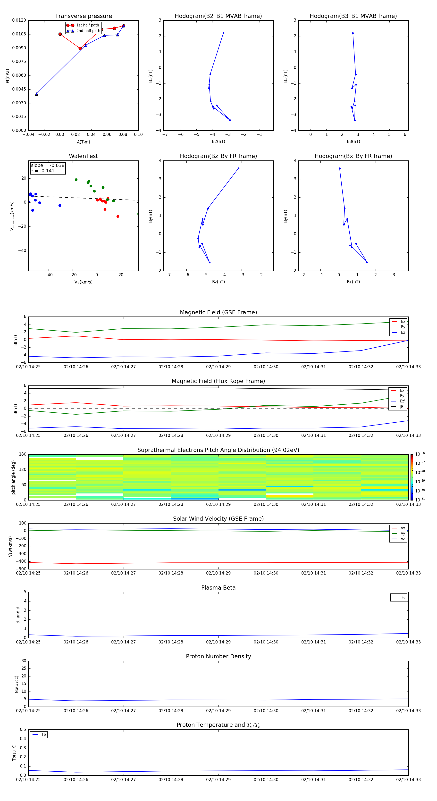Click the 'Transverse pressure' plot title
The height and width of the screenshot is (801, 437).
(83, 16)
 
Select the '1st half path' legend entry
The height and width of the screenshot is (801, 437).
(87, 25)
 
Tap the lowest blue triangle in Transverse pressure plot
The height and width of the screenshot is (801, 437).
(36, 94)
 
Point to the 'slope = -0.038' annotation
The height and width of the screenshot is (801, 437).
(48, 166)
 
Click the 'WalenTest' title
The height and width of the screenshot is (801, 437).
(83, 156)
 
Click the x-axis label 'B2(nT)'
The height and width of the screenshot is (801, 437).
(218, 142)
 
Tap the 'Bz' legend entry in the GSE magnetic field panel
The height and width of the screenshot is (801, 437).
(403, 332)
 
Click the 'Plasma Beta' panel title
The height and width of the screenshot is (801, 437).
(218, 588)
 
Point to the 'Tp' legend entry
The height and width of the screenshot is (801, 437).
(43, 734)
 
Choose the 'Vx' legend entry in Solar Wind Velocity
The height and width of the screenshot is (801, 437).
(403, 528)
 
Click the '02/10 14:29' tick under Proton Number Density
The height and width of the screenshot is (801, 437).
(218, 710)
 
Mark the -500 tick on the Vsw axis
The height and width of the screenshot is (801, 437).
(21, 569)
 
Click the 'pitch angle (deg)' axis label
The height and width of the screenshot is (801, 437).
(13, 477)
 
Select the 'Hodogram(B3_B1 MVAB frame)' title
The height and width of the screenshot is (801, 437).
(353, 16)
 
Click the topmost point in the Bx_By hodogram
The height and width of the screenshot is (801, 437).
(340, 168)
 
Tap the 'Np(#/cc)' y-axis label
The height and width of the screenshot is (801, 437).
(17, 684)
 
